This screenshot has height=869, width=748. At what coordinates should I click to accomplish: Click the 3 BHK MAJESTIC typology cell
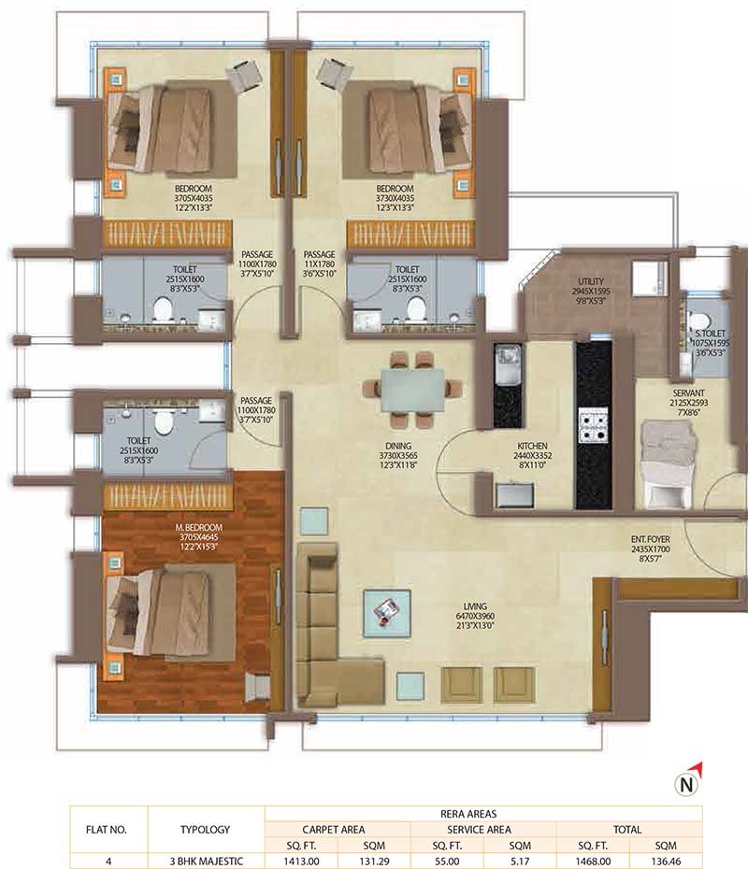tap(205, 861)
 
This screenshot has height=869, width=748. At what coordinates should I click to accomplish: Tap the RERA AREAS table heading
tap(483, 813)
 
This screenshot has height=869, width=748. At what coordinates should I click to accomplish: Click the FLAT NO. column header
tap(108, 829)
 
